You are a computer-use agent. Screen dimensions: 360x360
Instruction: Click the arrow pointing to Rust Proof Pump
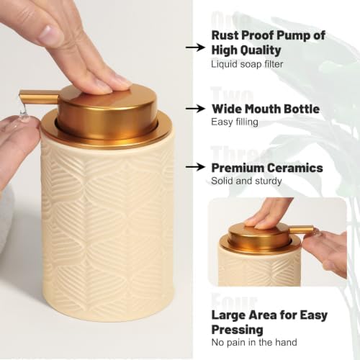tap(195, 48)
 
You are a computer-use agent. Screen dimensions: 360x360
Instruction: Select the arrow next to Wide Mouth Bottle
tap(195, 109)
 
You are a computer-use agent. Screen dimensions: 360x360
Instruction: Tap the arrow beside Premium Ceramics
tap(195, 167)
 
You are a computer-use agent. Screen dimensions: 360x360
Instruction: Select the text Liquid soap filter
tap(247, 64)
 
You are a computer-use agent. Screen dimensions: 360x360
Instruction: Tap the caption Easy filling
tap(235, 122)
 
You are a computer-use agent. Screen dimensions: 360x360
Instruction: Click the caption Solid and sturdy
tap(246, 181)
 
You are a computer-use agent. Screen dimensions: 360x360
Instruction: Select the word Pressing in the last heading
tap(237, 330)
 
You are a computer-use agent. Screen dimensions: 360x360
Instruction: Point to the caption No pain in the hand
tap(254, 342)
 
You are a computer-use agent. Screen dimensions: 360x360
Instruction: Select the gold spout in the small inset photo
tap(302, 230)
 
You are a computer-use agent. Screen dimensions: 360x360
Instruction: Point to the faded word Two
tap(232, 96)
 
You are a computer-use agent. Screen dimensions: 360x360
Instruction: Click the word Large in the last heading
tap(228, 315)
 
